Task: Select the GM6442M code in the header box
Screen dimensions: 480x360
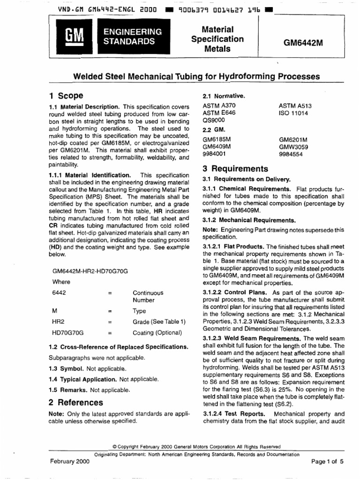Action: pos(303,42)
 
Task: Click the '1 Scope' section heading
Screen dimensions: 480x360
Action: pos(66,95)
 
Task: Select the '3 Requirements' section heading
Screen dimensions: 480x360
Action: pos(235,169)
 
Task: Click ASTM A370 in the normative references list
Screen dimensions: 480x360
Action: pos(217,106)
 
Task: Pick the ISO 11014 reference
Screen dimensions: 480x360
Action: pos(293,113)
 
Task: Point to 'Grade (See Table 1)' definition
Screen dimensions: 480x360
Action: pos(159,322)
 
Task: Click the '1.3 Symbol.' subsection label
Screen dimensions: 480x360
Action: pos(67,368)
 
